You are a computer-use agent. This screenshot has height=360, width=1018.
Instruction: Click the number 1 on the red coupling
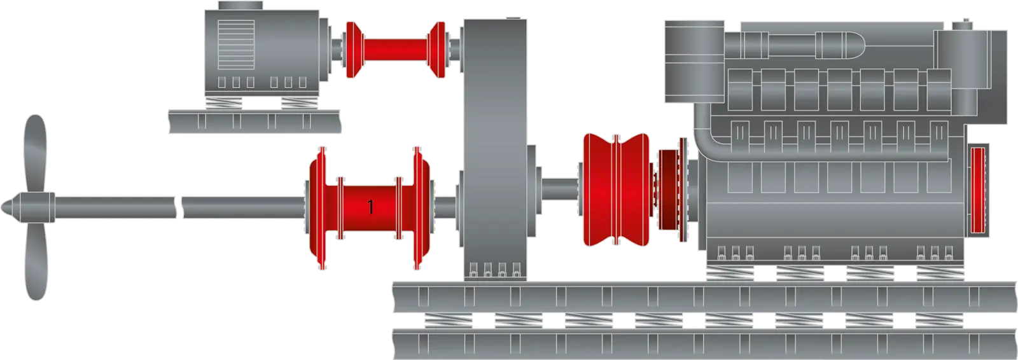tap(370, 207)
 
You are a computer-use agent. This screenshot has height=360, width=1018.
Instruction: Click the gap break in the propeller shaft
tap(179, 207)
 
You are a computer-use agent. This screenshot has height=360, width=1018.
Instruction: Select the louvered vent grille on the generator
tap(236, 45)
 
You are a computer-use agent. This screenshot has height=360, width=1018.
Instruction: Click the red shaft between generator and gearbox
tap(395, 50)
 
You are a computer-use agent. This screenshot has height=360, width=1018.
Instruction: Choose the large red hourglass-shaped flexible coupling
tap(616, 190)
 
